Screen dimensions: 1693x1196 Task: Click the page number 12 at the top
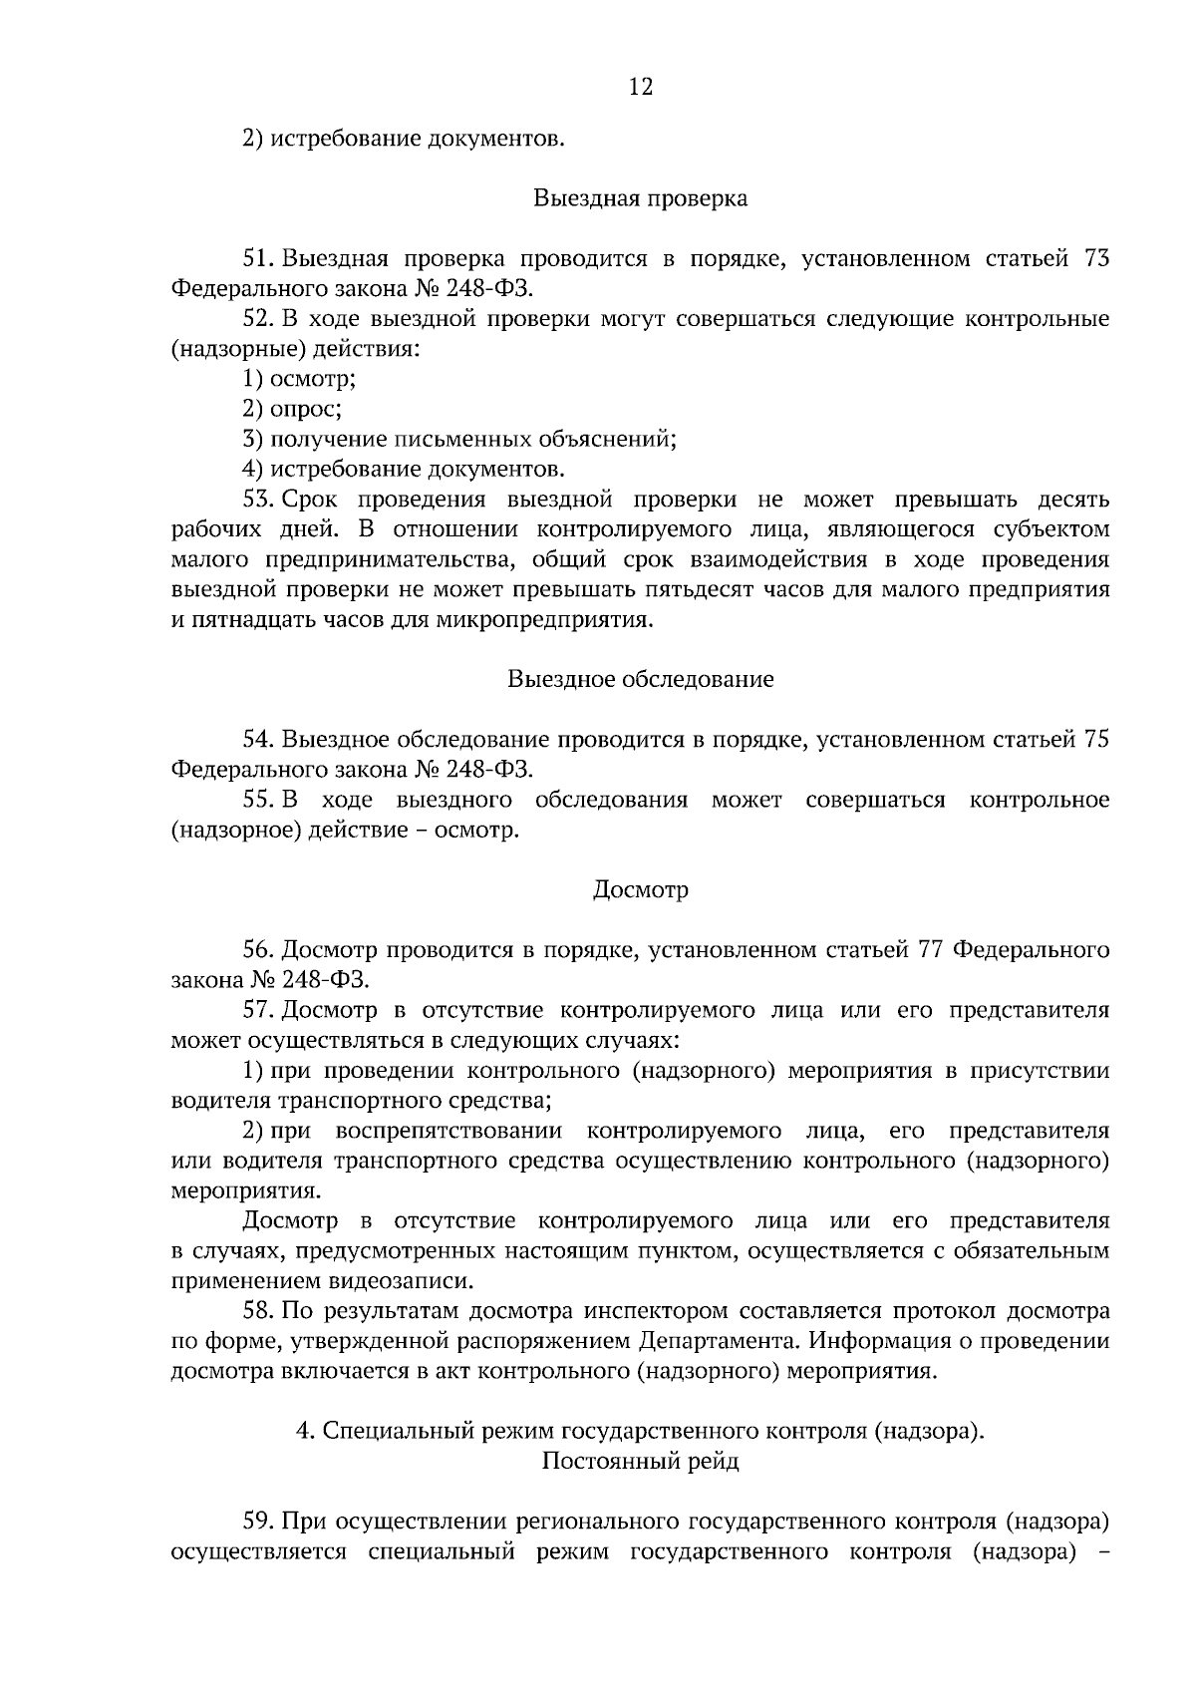[640, 88]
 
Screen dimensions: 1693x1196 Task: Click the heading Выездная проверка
[640, 198]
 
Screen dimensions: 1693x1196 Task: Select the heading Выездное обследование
[640, 680]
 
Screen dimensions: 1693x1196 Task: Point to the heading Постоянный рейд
[640, 1462]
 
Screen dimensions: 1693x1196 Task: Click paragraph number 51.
[258, 259]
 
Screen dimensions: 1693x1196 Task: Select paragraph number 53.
[258, 500]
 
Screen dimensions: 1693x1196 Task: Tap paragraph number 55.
[258, 801]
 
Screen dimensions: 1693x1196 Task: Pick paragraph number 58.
[258, 1311]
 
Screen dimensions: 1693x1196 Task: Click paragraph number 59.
[258, 1523]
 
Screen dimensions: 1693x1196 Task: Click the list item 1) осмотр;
[300, 380]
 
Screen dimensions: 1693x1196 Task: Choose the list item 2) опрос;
[293, 410]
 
